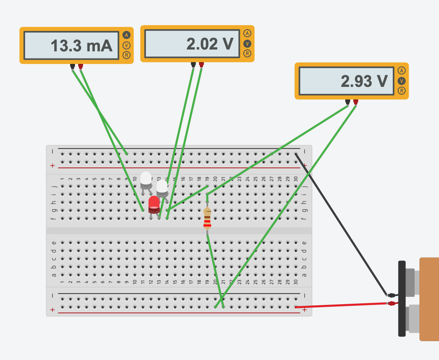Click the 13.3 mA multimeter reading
[81, 45]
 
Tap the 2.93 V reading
[364, 81]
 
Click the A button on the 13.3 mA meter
[127, 35]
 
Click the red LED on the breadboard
[154, 204]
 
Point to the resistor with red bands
[208, 220]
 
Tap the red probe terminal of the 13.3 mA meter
[80, 67]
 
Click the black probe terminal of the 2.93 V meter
[347, 102]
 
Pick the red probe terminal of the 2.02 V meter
[201, 65]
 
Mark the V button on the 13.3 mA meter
[127, 45]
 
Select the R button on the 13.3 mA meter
[127, 55]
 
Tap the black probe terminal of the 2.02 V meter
[193, 65]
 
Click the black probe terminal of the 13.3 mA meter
[72, 67]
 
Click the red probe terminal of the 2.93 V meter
[356, 102]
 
